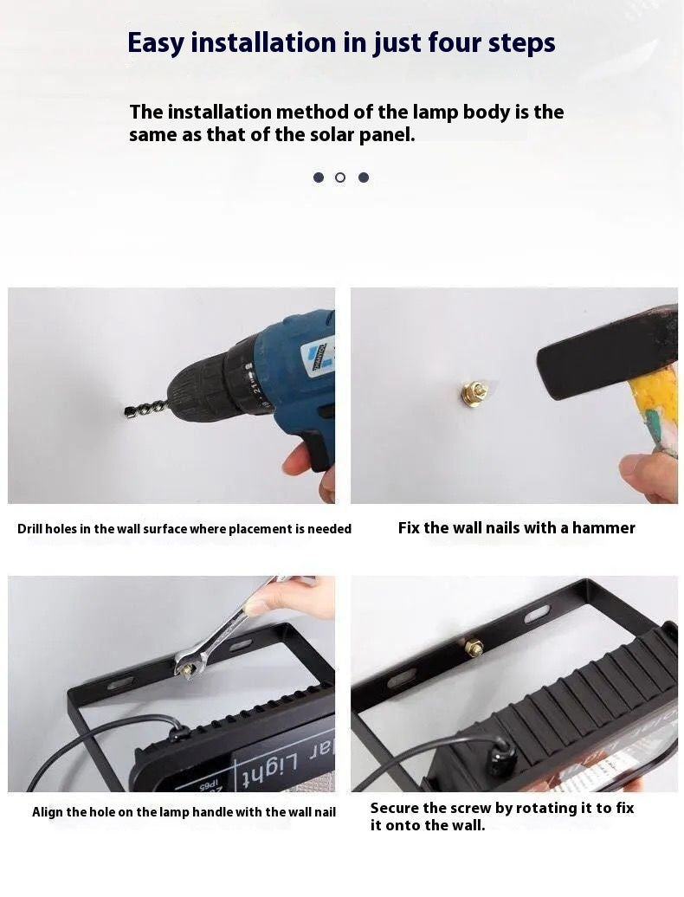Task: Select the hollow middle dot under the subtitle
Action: tap(340, 177)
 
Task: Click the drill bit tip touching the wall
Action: tap(129, 411)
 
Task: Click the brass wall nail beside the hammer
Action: tap(473, 393)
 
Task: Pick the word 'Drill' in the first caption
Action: tap(33, 529)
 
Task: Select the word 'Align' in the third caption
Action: tap(48, 812)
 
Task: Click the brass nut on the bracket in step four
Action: tap(474, 647)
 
